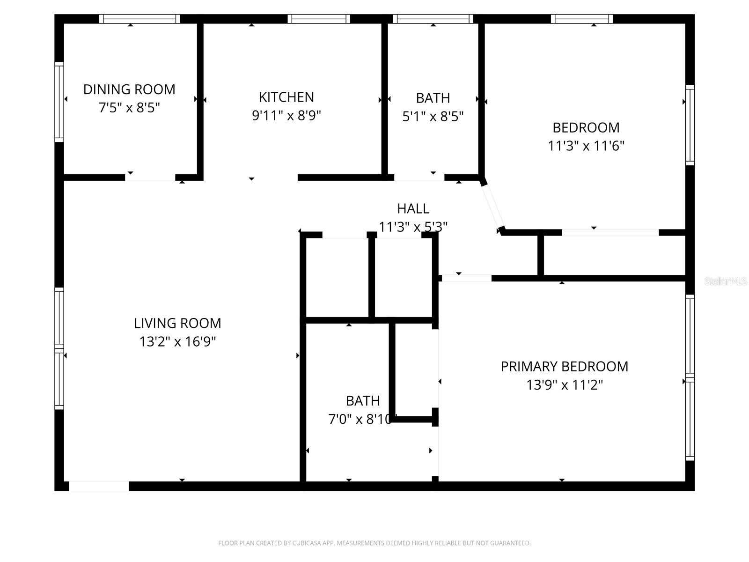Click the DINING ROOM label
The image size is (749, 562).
point(129,89)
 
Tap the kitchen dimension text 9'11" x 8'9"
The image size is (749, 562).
point(286,115)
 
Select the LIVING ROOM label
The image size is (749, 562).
point(177,323)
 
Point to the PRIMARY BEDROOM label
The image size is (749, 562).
point(564,366)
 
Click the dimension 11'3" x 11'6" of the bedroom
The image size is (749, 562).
point(586,146)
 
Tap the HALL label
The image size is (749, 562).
point(413,208)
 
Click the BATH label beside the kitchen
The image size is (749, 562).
point(433,98)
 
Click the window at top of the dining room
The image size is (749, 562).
point(140,19)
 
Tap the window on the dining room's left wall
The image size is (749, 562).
point(59,101)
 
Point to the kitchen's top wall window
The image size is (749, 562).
point(319,19)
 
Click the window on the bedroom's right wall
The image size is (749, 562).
point(690,125)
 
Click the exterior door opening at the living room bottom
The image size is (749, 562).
point(99,486)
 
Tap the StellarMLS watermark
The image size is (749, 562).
point(726,281)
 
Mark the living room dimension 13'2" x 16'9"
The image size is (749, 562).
point(177,342)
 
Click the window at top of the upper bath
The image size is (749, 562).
point(433,19)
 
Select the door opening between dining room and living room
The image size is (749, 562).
point(150,177)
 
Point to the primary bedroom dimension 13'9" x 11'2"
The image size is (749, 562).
point(564,385)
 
